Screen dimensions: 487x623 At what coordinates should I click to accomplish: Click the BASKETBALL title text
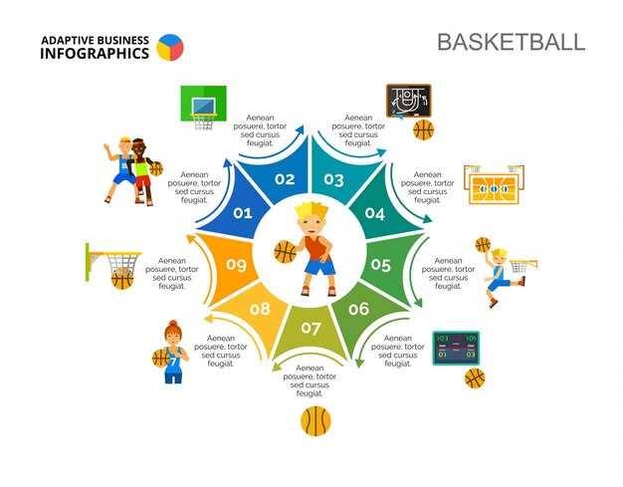coord(511,42)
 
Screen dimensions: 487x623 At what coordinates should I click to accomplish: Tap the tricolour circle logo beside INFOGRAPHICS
coord(170,47)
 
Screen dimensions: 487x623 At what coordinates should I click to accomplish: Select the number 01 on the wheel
coord(243,213)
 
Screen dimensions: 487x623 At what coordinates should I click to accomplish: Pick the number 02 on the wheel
coord(286,180)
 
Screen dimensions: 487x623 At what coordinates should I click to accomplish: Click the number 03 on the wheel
coord(334,180)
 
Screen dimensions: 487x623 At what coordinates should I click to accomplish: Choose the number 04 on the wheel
coord(374,213)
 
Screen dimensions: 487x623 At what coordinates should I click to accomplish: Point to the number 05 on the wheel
coord(381,265)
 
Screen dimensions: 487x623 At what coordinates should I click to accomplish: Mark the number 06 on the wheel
coord(358,309)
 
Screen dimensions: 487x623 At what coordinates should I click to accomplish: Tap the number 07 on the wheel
coord(311,328)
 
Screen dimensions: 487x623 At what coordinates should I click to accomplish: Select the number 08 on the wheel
coord(260,309)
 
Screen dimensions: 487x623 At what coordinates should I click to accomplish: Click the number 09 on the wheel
coord(236,265)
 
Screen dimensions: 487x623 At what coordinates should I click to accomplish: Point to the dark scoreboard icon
coord(455,347)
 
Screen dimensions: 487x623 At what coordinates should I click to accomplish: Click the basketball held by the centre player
coord(286,252)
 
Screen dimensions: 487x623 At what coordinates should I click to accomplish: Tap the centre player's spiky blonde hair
coord(311,213)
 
